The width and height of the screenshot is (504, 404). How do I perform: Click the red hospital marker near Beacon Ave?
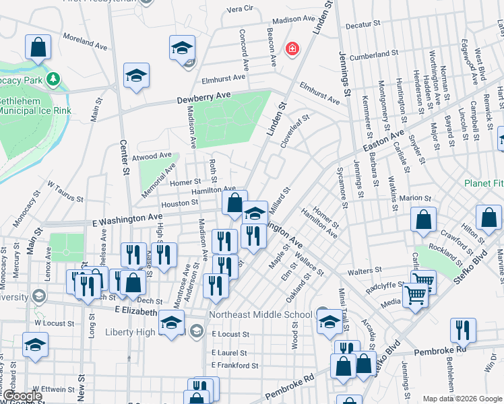[x=292, y=48]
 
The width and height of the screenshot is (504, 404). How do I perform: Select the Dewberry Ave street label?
[x=203, y=97]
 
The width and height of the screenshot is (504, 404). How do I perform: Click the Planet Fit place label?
[x=483, y=183]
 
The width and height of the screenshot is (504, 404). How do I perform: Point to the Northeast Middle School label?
[x=261, y=314]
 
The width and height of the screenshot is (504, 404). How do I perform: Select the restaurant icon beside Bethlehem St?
[x=463, y=330]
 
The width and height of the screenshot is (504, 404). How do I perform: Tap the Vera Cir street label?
[x=240, y=9]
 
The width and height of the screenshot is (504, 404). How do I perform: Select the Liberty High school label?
[x=142, y=332]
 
